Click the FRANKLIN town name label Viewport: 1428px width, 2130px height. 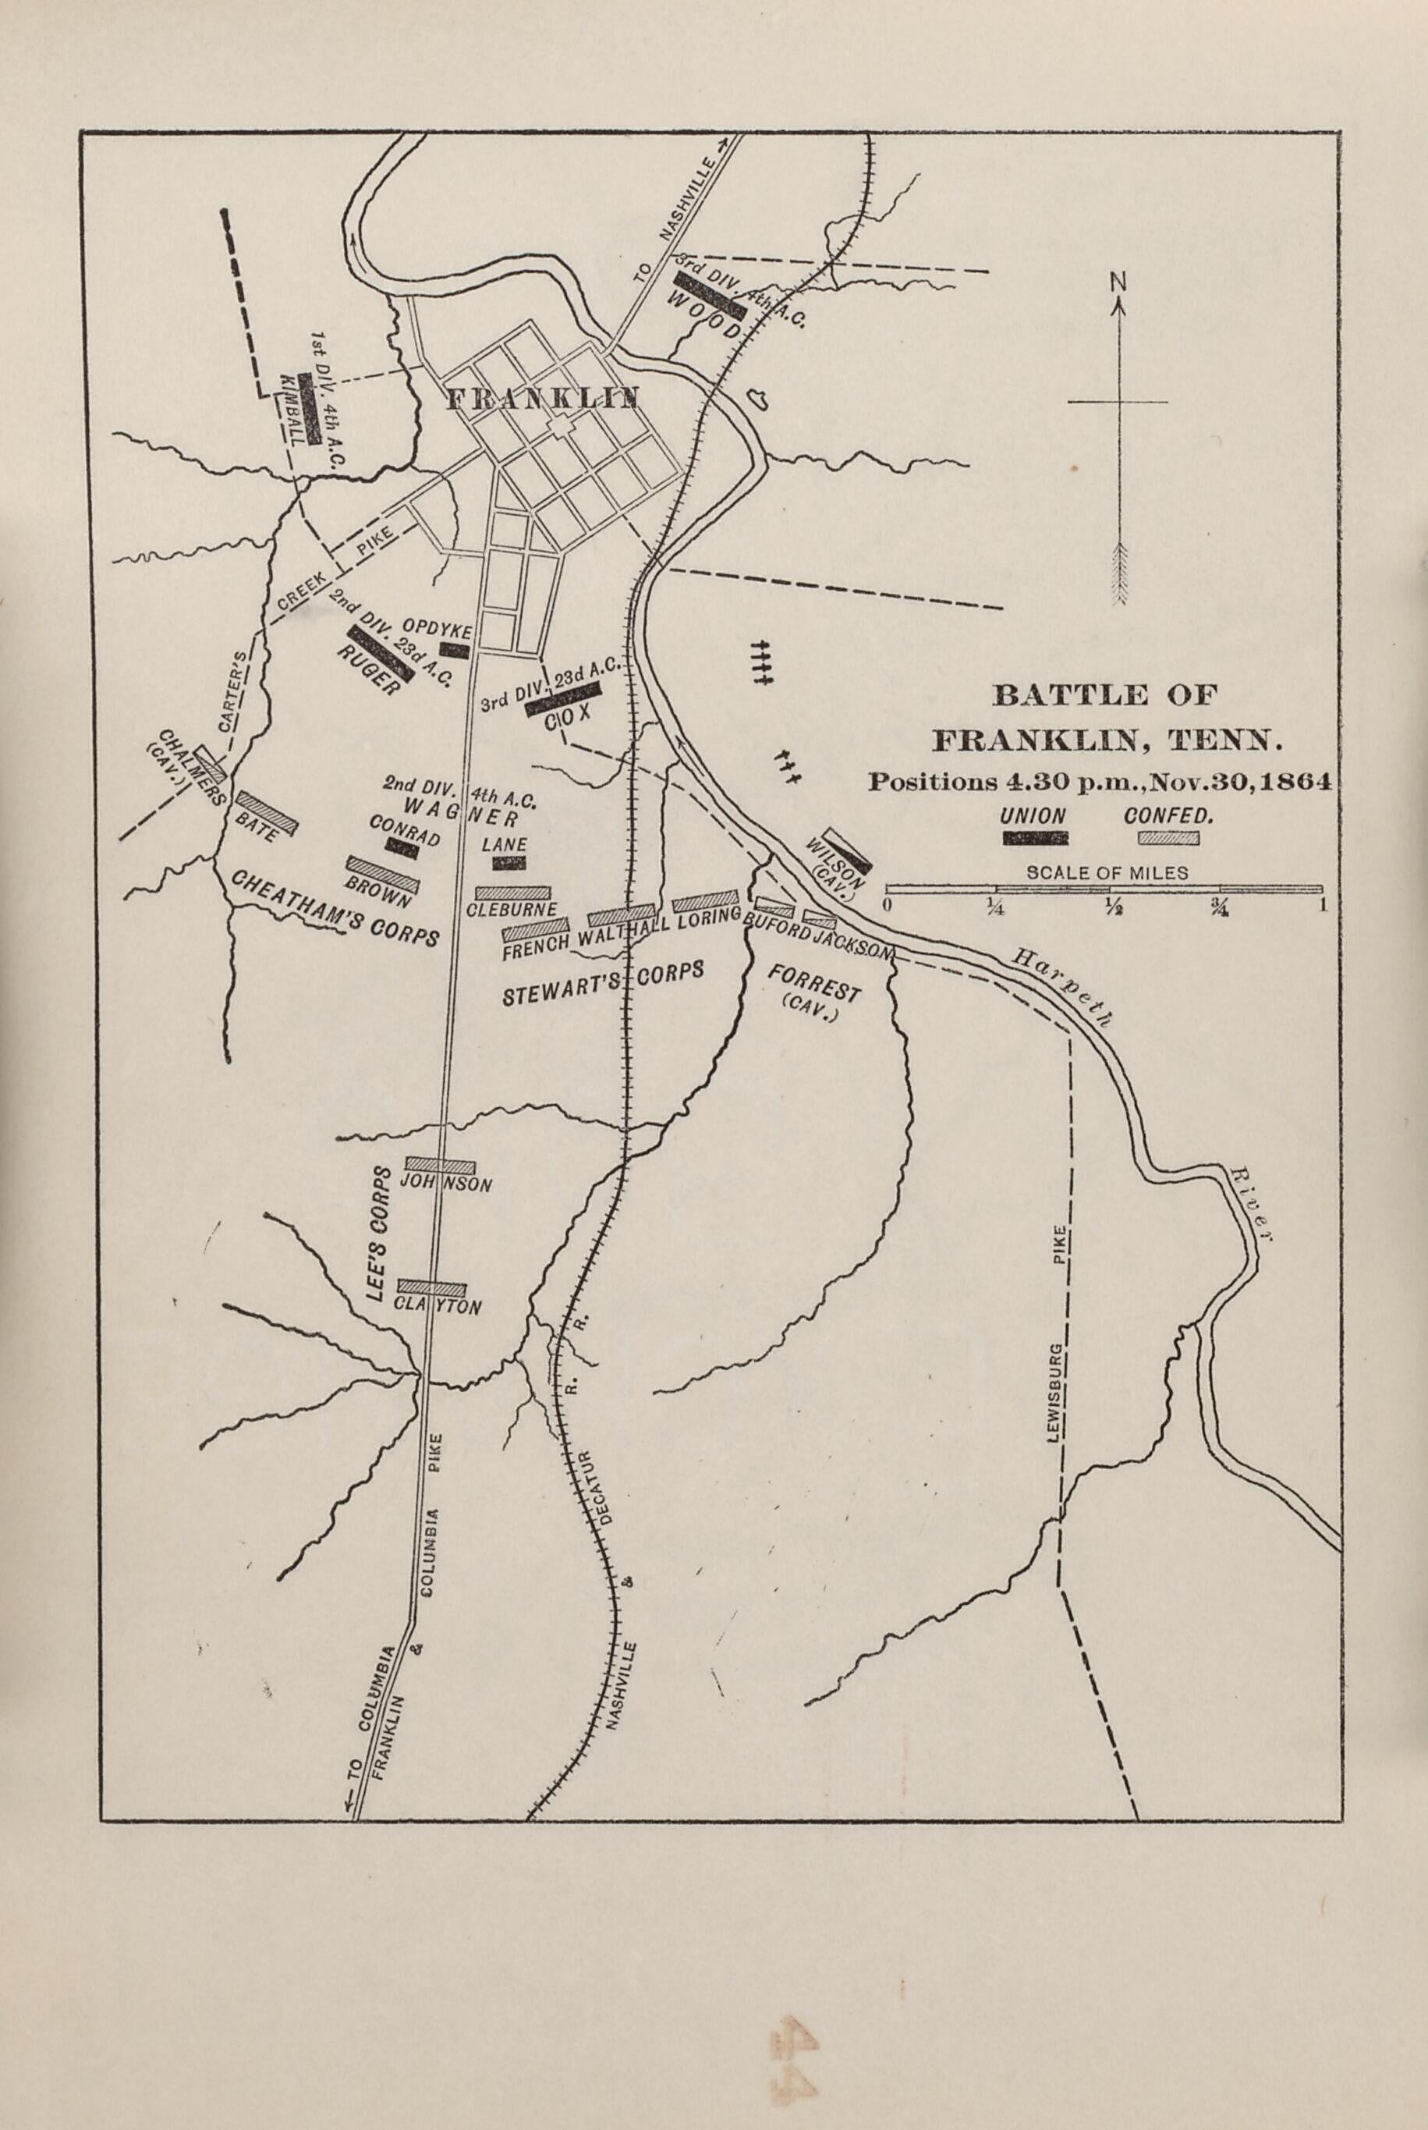pyautogui.click(x=542, y=398)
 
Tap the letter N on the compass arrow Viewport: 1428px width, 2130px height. pyautogui.click(x=1118, y=282)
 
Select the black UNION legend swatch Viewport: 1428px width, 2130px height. pyautogui.click(x=1035, y=838)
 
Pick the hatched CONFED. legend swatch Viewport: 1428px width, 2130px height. pyautogui.click(x=1168, y=838)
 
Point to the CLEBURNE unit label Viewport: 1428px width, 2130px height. pyautogui.click(x=512, y=909)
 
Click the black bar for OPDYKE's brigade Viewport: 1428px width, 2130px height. pyautogui.click(x=454, y=650)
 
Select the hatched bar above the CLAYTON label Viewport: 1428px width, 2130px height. pyautogui.click(x=432, y=1288)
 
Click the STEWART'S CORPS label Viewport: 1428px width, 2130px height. pyautogui.click(x=603, y=985)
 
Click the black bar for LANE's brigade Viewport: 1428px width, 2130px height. pyautogui.click(x=509, y=863)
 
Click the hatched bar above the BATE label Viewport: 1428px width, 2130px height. pyautogui.click(x=266, y=810)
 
